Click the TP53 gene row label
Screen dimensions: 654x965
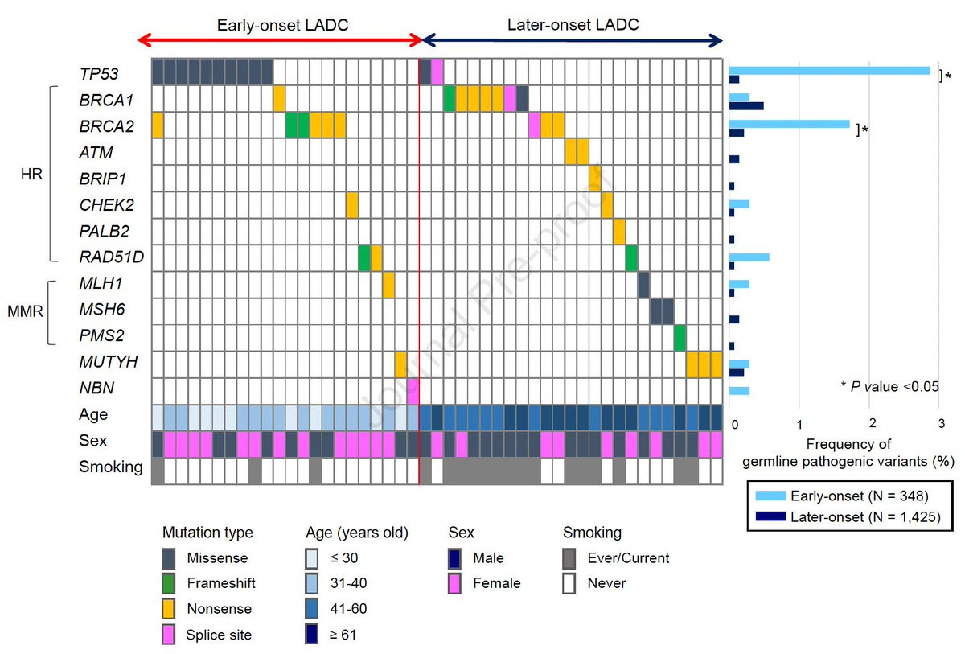click(99, 73)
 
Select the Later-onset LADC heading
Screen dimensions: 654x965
click(573, 25)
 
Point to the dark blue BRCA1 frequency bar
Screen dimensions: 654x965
click(746, 105)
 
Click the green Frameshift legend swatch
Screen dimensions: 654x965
click(170, 583)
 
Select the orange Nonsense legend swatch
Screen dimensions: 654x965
click(170, 609)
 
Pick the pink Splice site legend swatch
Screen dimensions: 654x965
click(170, 635)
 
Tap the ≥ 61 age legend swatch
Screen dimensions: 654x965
click(313, 635)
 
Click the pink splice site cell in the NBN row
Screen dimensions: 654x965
click(413, 389)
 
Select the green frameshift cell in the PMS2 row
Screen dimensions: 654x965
click(680, 336)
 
